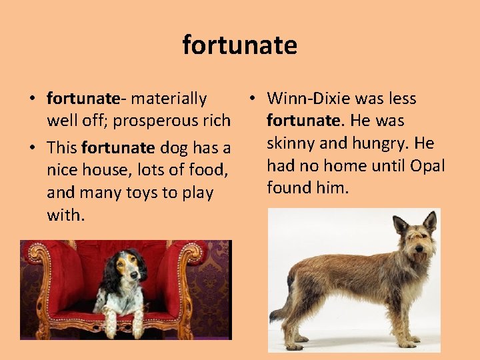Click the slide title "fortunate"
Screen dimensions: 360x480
click(240, 46)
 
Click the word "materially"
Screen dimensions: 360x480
click(169, 99)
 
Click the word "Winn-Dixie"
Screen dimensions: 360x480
click(308, 99)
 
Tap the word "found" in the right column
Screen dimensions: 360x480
click(289, 187)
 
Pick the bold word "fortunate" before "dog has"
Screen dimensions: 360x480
click(118, 148)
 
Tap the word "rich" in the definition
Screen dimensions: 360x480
click(217, 121)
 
